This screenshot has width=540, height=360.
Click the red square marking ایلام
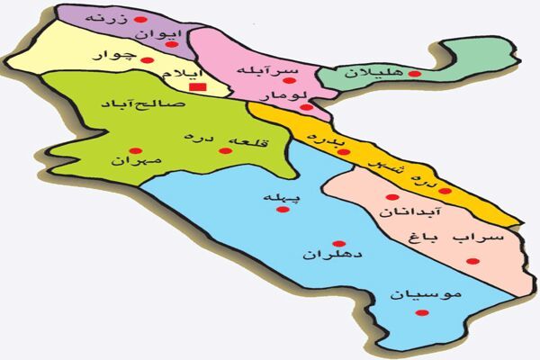(x=202, y=87)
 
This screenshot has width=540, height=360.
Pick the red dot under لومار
(x=307, y=107)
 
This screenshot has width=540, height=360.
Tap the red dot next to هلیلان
(x=413, y=72)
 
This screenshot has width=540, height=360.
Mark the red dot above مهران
(x=134, y=149)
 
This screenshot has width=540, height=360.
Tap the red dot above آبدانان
(x=391, y=197)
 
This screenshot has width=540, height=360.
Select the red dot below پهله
(x=283, y=210)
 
